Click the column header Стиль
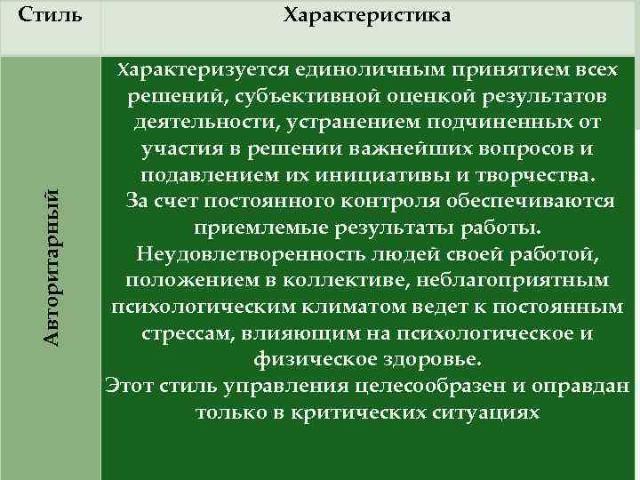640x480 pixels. (50, 16)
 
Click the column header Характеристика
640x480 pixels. (366, 16)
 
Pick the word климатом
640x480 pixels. (339, 308)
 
